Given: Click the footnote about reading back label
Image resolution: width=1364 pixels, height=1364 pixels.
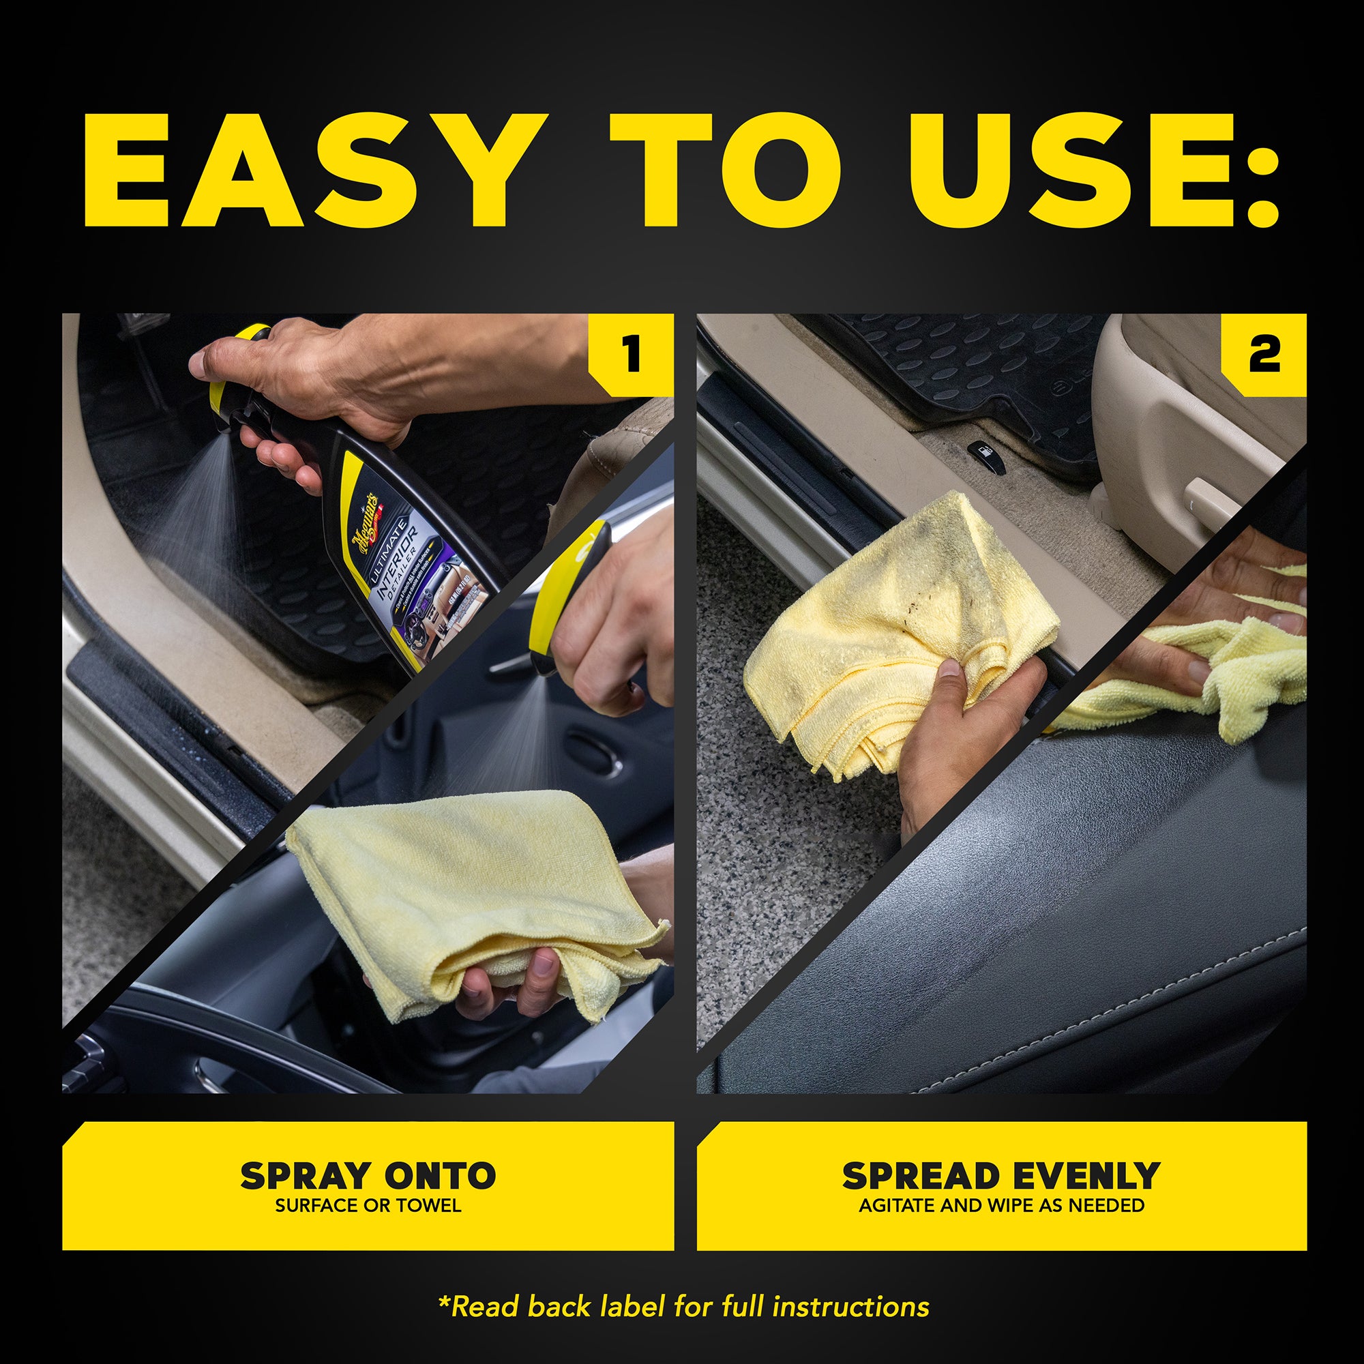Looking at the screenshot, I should (x=683, y=1306).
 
